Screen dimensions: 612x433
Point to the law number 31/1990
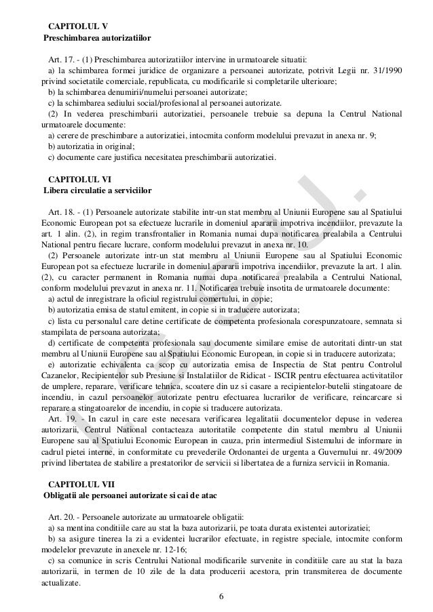click(x=381, y=70)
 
